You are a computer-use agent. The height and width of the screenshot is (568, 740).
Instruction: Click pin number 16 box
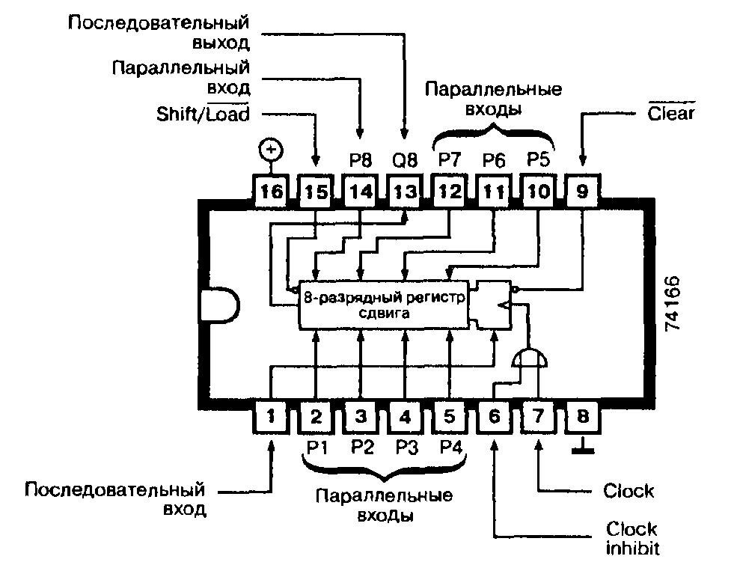tap(272, 192)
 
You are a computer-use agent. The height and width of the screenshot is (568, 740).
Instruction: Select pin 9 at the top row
tap(582, 192)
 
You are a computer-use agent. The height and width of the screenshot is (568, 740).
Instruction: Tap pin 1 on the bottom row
tap(271, 417)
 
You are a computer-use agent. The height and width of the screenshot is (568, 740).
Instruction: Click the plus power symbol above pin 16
tap(271, 150)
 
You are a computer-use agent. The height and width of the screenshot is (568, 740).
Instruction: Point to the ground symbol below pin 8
tap(583, 446)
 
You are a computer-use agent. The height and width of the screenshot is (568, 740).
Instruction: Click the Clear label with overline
tap(670, 112)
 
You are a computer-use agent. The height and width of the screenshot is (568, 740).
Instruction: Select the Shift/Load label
tap(203, 113)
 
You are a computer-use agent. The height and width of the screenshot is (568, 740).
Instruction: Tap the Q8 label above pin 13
tap(405, 160)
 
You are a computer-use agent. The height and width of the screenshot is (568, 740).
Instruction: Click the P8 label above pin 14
tap(361, 160)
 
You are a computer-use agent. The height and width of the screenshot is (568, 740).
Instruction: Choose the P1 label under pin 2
tap(317, 447)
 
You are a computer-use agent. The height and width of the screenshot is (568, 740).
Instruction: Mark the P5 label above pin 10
tap(538, 159)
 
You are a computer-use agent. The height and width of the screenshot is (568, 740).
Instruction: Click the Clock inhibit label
tap(632, 538)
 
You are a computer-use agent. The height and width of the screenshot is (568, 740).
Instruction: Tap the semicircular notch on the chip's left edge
tap(220, 305)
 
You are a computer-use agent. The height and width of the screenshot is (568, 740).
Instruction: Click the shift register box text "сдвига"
tap(384, 313)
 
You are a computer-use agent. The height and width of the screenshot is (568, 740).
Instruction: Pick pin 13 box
tap(405, 192)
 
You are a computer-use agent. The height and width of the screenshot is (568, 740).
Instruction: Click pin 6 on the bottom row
tap(494, 417)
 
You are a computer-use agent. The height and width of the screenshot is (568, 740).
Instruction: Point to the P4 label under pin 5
tap(450, 447)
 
